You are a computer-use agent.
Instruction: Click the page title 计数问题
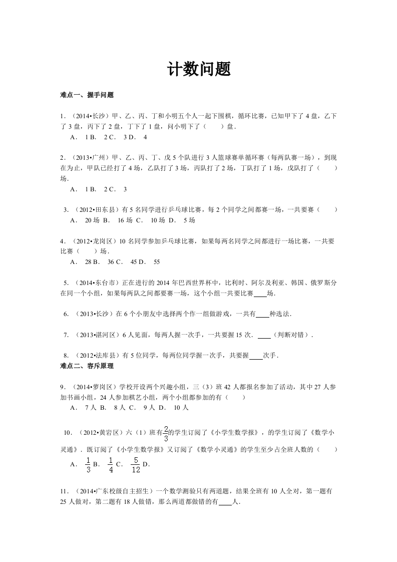click(199, 70)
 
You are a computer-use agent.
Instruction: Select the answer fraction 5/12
click(135, 464)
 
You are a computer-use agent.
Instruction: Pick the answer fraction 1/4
click(111, 464)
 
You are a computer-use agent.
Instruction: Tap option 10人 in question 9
click(181, 407)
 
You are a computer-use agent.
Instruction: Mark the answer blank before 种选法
click(262, 314)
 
